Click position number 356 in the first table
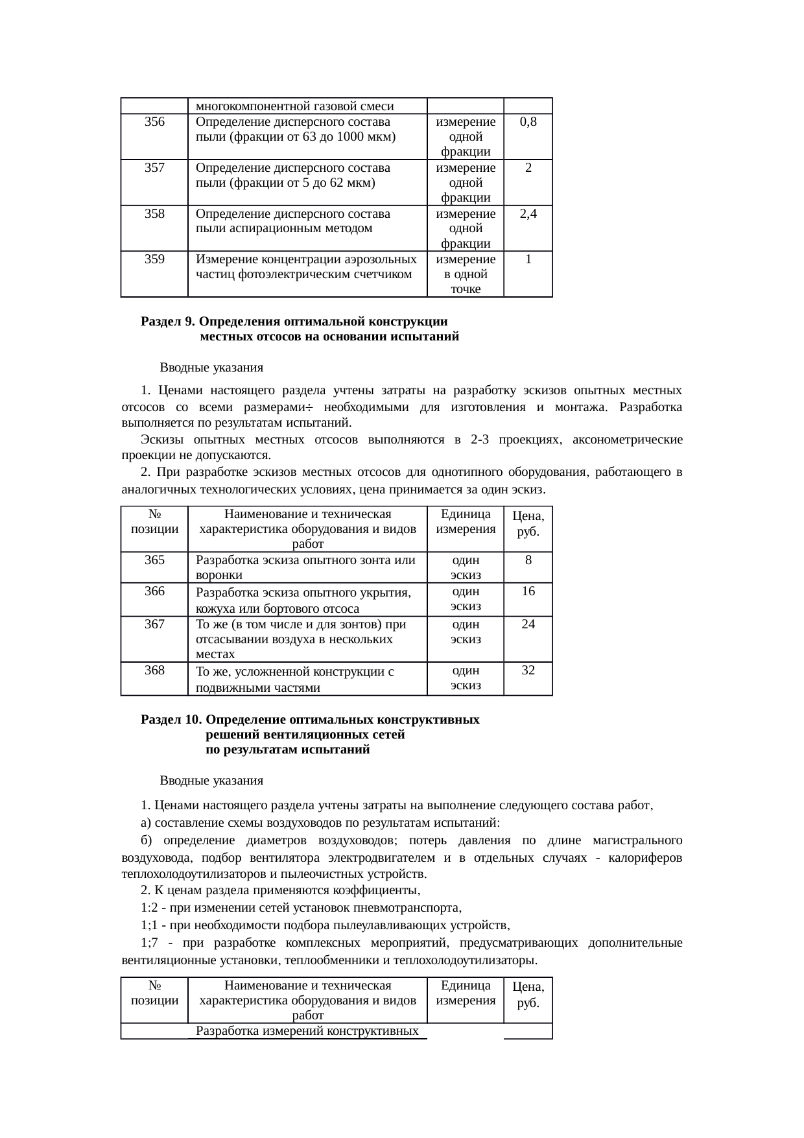coord(154,122)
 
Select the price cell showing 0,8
coord(528,122)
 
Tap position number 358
coord(154,214)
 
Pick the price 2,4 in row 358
coord(528,214)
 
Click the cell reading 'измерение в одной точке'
coord(466,274)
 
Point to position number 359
coord(154,259)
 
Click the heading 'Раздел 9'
coord(168,322)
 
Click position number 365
coord(154,560)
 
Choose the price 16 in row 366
coord(528,591)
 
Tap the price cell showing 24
coord(528,624)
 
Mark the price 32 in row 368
coord(528,670)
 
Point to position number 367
coord(154,624)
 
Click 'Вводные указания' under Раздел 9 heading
coord(211,368)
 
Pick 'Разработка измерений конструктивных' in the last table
coord(307,1030)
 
